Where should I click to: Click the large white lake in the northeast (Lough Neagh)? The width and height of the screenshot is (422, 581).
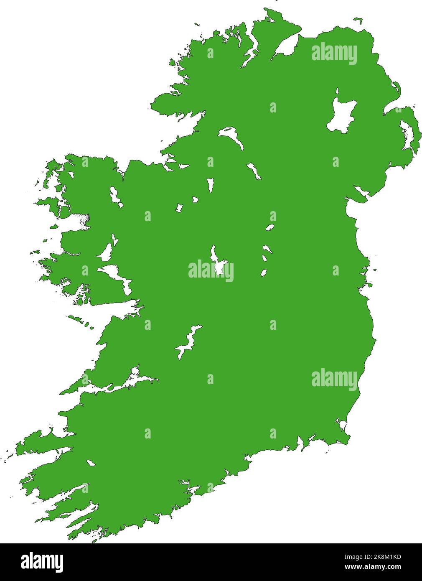click(342, 115)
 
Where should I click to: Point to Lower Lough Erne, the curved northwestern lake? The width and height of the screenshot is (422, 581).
click(232, 136)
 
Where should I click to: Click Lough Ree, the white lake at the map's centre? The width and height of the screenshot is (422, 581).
click(217, 261)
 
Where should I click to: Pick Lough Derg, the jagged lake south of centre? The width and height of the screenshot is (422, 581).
click(188, 339)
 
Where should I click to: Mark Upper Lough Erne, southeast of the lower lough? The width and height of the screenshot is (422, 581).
click(254, 171)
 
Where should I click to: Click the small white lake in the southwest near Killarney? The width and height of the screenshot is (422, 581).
click(91, 463)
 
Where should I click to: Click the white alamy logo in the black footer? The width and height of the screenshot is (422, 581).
click(42, 562)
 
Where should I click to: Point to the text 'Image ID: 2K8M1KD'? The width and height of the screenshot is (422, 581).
click(376, 556)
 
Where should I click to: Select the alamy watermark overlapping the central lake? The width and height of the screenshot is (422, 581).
click(211, 270)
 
